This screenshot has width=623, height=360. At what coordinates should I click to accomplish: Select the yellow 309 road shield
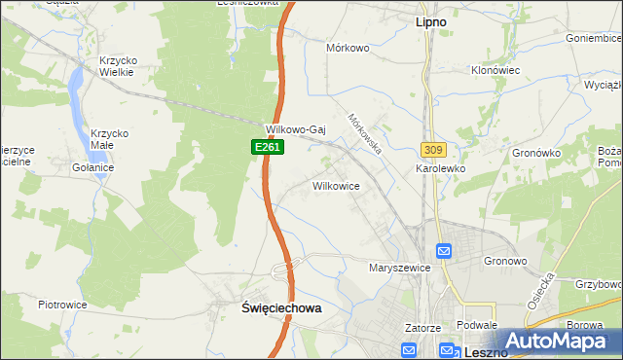click(x=434, y=150)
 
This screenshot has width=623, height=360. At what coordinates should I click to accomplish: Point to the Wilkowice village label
click(x=337, y=185)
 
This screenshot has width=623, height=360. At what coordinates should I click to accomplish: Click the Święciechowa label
click(x=280, y=306)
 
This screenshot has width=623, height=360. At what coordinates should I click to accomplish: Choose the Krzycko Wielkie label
click(x=119, y=67)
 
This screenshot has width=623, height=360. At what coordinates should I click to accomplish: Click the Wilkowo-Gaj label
click(x=294, y=128)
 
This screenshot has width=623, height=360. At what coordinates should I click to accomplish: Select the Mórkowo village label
click(x=349, y=47)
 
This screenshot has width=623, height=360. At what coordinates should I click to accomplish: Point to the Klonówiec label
click(x=496, y=71)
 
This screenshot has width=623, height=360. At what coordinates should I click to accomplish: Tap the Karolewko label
click(x=442, y=168)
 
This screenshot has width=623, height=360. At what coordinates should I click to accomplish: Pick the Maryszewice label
click(x=399, y=267)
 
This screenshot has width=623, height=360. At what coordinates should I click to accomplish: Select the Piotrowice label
click(x=63, y=305)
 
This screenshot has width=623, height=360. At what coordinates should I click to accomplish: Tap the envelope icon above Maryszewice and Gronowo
click(x=444, y=251)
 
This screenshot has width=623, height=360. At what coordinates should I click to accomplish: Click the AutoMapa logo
click(x=558, y=342)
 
